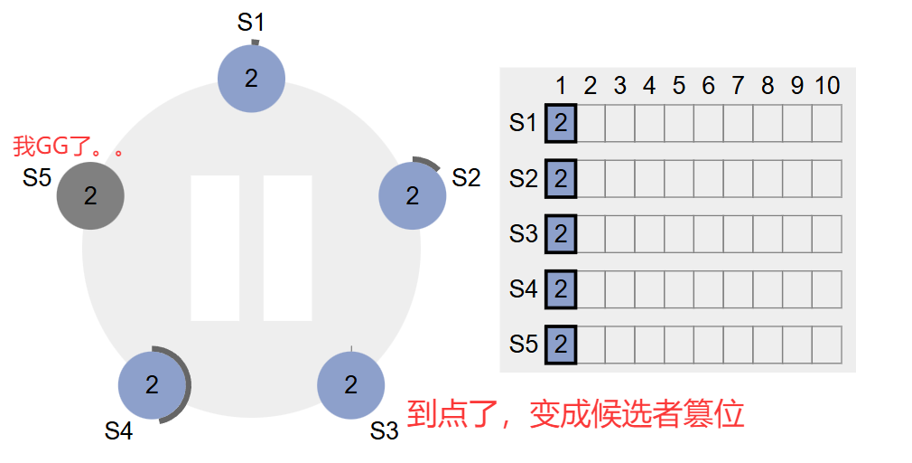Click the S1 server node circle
pos(251,79)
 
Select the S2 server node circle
pos(413,195)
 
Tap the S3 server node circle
pos(350,385)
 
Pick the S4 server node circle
pos(152,385)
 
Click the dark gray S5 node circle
pos(90,195)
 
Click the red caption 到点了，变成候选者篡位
pos(575,414)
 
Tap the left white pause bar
pos(215,249)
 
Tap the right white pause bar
pos(287,249)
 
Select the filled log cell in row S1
pos(561,123)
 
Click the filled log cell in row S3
pos(561,234)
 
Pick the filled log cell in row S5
pos(561,345)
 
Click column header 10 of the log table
pos(826,86)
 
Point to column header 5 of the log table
pos(678,86)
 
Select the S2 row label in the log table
pos(523,178)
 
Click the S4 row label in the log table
pos(523,289)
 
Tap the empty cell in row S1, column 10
pos(826,123)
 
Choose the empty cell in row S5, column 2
pos(590,345)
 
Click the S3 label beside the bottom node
pos(384,431)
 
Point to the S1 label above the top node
pos(251,23)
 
